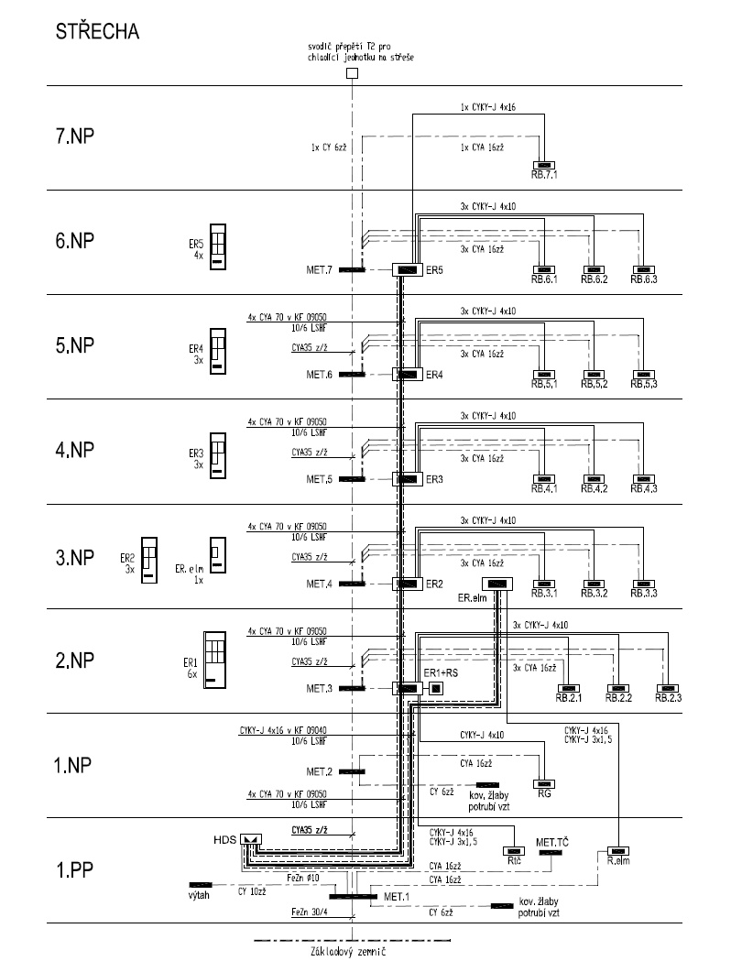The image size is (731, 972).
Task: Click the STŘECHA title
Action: click(97, 32)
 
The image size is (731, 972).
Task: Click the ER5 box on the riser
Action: click(405, 269)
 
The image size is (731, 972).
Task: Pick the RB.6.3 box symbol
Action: click(645, 269)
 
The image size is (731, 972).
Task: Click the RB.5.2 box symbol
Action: click(595, 375)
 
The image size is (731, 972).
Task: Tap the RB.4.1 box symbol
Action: click(545, 479)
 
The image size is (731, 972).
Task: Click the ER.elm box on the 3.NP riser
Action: click(496, 584)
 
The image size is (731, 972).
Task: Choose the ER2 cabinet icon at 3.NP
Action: click(149, 559)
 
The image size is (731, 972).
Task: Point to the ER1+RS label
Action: click(441, 673)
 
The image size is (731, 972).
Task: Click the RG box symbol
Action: click(545, 784)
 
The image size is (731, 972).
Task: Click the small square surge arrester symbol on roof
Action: click(352, 74)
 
